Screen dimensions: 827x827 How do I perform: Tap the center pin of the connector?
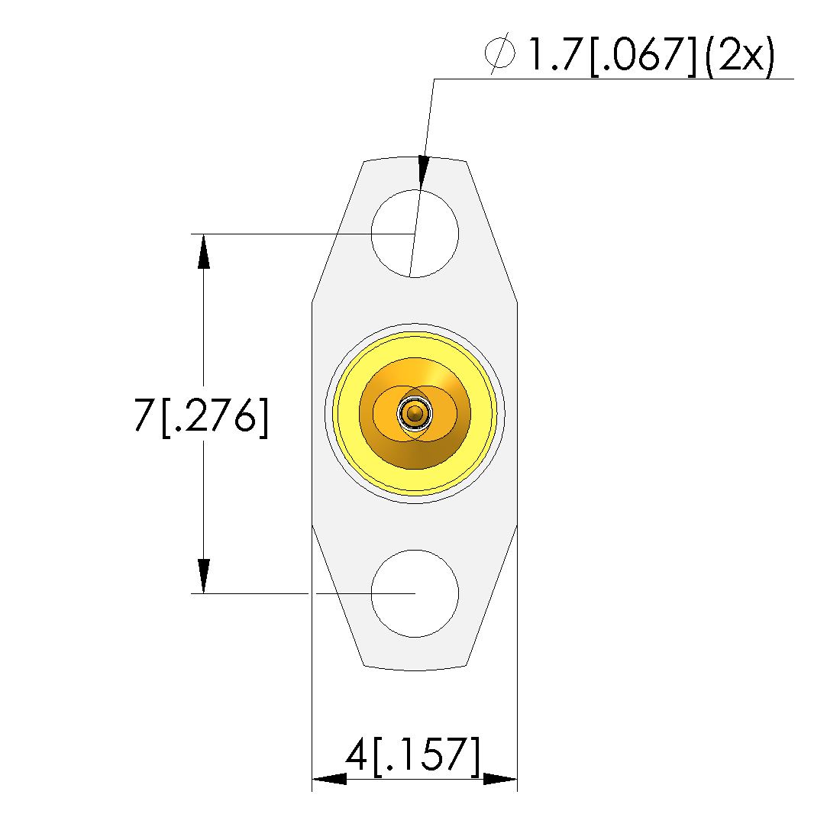(415, 414)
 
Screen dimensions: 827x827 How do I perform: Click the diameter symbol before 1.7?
(499, 53)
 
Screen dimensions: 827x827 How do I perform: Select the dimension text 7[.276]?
(201, 416)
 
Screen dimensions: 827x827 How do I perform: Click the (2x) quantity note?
(739, 56)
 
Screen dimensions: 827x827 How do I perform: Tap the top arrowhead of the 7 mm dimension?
(204, 251)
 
